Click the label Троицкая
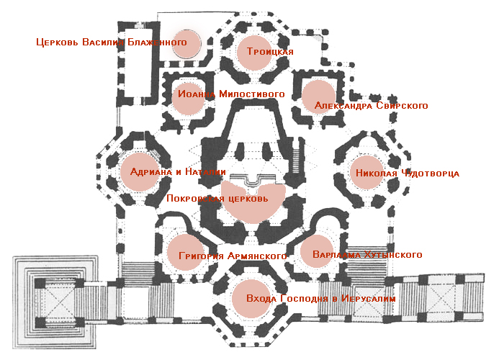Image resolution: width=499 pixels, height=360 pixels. (x=270, y=52)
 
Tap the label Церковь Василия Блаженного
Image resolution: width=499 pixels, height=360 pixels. (x=111, y=42)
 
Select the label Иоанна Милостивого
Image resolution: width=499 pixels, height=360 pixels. (x=230, y=94)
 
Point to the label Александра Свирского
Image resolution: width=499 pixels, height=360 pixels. (x=372, y=106)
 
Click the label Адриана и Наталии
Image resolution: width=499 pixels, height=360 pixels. (x=178, y=173)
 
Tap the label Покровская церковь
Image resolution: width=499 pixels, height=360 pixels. (x=217, y=199)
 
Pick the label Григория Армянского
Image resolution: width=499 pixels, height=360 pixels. (x=228, y=256)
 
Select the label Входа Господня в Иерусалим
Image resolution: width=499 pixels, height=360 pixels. (x=320, y=298)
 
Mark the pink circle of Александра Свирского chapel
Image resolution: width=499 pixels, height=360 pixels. (x=318, y=95)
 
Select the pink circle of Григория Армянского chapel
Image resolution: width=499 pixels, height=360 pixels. (x=184, y=252)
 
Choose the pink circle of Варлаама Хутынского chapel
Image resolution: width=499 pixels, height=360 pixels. (x=318, y=251)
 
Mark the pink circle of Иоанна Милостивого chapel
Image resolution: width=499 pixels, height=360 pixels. (x=191, y=96)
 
